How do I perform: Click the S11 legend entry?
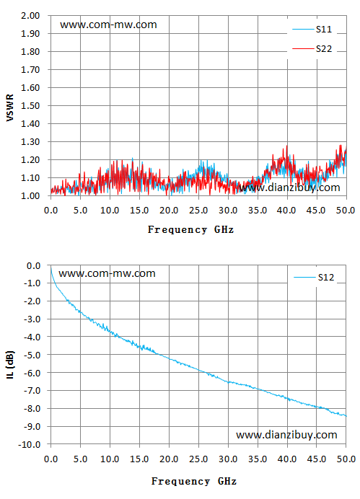point(312,30)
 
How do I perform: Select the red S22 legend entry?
point(312,49)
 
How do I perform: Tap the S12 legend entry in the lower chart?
point(314,278)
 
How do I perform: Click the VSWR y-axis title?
point(10,107)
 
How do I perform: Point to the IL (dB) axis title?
point(10,365)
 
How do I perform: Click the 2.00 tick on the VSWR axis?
point(30,16)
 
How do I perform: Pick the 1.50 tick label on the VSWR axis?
point(30,106)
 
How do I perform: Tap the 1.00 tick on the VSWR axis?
point(30,195)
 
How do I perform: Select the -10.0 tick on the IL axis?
point(30,444)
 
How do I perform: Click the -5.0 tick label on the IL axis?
point(32,355)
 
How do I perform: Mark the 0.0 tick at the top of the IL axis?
point(33,265)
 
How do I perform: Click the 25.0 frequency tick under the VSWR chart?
point(198,211)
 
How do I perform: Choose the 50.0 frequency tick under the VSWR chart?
point(346,211)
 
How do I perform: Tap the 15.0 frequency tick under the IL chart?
point(139,459)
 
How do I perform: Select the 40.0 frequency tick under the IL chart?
point(287,459)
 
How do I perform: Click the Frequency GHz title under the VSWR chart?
point(190,229)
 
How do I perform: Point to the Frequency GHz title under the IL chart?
point(194,481)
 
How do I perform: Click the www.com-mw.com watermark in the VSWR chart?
point(108,25)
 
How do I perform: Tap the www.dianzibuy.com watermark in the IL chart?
point(286,435)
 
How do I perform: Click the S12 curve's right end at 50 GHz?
point(346,416)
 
